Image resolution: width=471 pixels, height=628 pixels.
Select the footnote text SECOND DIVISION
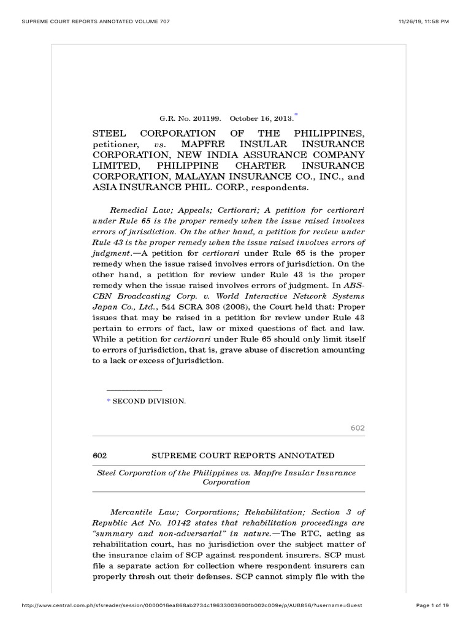tap(149, 400)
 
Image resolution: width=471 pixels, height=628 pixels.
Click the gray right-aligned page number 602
tap(358, 427)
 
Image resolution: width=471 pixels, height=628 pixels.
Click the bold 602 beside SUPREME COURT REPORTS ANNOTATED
tap(100, 455)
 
